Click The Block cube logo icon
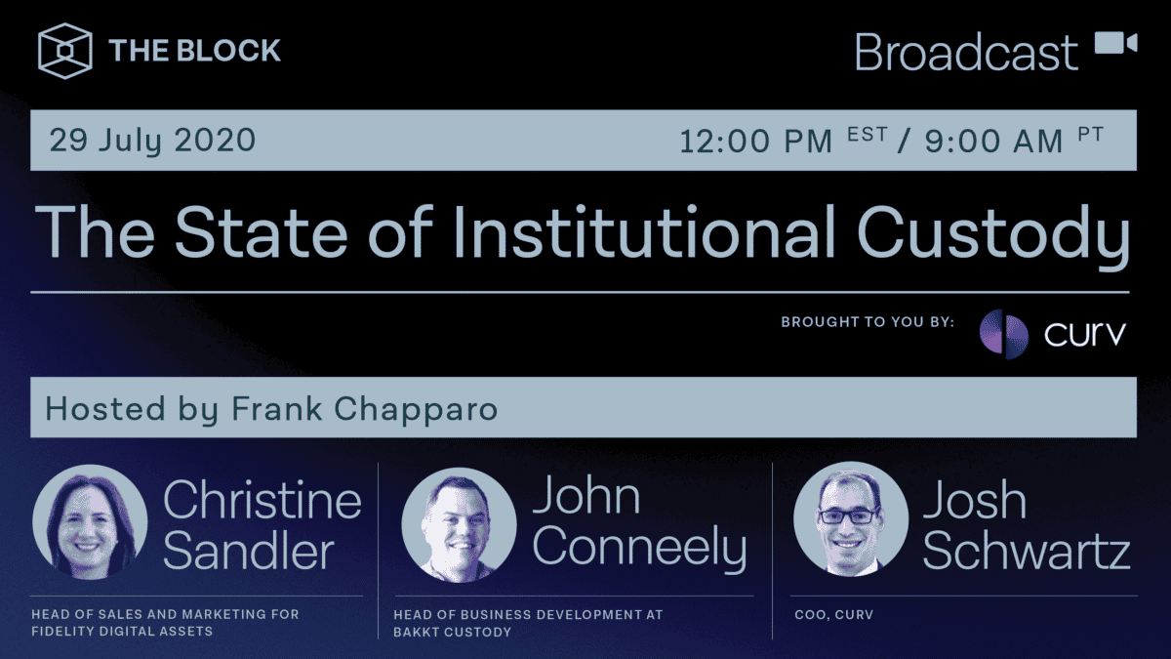tap(65, 50)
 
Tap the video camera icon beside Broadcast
tap(1115, 45)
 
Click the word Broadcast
tap(966, 52)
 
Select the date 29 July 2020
tap(152, 141)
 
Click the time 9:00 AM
tap(993, 142)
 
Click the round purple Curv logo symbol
tap(1003, 334)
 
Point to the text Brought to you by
tap(868, 321)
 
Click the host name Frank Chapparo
tap(364, 409)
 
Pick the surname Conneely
tap(639, 550)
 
